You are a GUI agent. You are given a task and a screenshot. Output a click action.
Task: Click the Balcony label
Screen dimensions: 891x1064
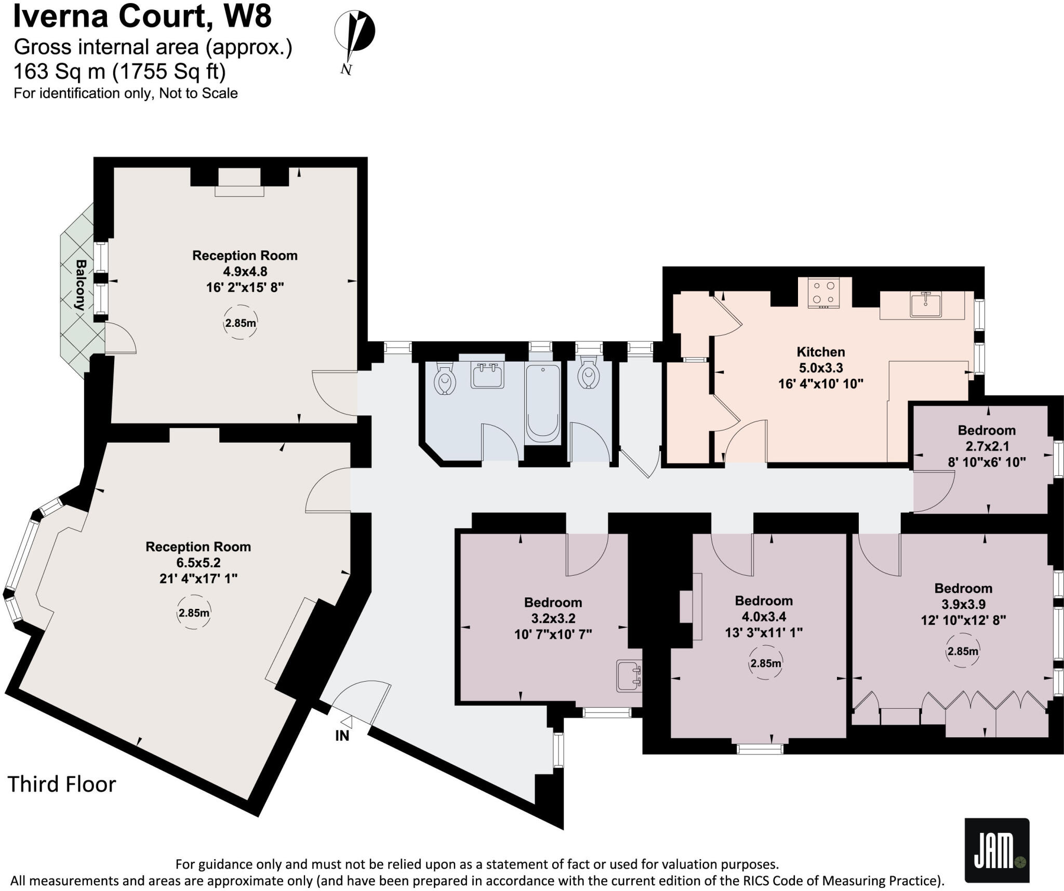[79, 285]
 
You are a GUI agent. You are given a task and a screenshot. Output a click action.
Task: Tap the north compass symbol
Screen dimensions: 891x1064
[354, 39]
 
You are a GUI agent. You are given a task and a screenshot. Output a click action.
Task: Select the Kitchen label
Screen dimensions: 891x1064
[820, 352]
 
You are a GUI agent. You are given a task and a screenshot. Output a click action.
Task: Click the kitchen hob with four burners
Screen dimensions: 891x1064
[823, 292]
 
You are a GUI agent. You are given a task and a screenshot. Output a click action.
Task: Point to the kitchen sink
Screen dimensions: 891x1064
[925, 304]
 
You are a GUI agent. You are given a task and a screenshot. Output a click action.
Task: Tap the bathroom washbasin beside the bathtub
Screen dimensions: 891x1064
[487, 375]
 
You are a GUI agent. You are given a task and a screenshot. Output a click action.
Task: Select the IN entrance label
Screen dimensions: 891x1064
[342, 736]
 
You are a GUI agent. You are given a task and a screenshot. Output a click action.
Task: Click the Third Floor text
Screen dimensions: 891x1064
[62, 784]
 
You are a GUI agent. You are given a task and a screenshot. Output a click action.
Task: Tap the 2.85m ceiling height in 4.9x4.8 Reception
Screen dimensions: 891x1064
[240, 323]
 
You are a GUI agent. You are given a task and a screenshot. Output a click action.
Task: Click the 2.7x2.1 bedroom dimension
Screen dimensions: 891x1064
[987, 446]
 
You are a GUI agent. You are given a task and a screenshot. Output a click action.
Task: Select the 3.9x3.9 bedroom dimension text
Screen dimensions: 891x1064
[963, 604]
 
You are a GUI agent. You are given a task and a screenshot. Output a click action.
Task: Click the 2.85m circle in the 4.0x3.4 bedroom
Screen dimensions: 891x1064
[765, 663]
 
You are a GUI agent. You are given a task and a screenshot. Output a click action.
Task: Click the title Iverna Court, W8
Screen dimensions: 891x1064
[142, 16]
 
